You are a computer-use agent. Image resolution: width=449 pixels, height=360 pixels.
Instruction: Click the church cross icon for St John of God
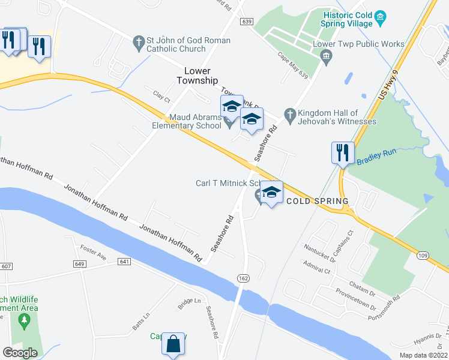click(x=139, y=42)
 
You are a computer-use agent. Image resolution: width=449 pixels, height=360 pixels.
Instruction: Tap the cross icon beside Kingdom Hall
click(x=289, y=114)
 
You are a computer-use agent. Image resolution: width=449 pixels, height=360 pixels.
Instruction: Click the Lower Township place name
click(x=196, y=76)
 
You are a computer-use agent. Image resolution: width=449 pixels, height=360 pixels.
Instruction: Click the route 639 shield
click(x=246, y=21)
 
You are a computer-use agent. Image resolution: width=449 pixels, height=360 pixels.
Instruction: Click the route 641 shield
click(x=125, y=262)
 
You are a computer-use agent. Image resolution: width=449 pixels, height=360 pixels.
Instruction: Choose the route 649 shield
click(x=97, y=263)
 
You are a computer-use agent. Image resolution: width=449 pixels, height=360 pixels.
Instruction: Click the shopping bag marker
click(x=173, y=345)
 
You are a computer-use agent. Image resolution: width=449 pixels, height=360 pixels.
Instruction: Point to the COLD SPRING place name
click(x=318, y=201)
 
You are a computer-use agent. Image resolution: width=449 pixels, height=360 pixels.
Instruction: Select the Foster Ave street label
click(x=93, y=253)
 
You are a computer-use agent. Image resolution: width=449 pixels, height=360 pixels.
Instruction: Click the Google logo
click(x=20, y=353)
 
